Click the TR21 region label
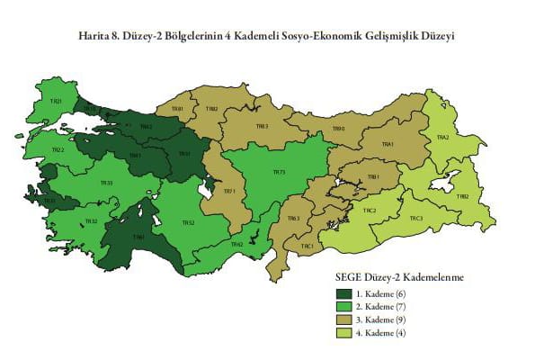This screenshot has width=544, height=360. (x=57, y=103)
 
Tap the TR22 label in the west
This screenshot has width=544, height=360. (x=58, y=149)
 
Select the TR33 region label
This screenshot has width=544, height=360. (x=106, y=184)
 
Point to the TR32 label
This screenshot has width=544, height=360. (x=91, y=220)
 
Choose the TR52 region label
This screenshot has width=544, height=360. (x=188, y=223)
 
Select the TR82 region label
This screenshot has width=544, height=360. (x=212, y=108)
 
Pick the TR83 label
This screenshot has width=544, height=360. (x=263, y=127)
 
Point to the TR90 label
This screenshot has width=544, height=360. (x=339, y=129)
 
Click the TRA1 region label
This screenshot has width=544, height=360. (x=388, y=145)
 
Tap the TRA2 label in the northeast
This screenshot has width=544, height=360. (x=442, y=138)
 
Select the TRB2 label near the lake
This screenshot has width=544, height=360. (x=464, y=196)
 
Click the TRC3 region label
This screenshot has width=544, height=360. (x=416, y=218)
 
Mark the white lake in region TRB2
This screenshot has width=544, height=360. (x=443, y=183)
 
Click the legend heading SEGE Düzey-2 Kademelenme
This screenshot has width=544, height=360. (x=399, y=278)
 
